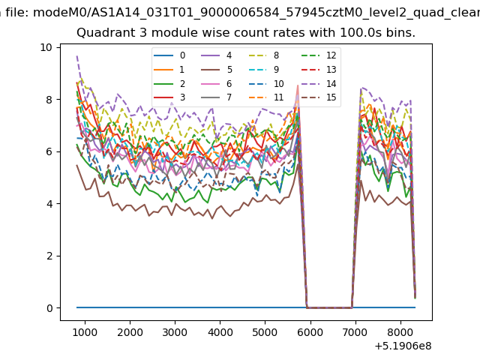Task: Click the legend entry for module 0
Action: [x=169, y=55]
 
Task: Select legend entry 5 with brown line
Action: [x=217, y=70]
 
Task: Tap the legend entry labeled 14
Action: [x=319, y=83]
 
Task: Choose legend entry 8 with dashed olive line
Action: [x=263, y=55]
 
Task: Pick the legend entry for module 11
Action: [x=265, y=97]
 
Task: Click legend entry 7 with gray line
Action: [x=217, y=97]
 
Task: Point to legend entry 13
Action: [x=319, y=70]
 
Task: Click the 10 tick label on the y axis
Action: [x=46, y=47]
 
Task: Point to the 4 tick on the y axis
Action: [x=49, y=204]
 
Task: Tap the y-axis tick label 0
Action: [x=49, y=308]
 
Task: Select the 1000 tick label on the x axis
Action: [x=85, y=332]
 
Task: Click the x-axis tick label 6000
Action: [x=310, y=332]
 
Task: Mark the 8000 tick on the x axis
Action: [x=400, y=332]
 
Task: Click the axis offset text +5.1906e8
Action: [x=403, y=346]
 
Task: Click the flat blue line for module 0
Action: [x=246, y=307]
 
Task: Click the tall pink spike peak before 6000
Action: [x=298, y=85]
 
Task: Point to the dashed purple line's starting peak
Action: [x=77, y=56]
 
